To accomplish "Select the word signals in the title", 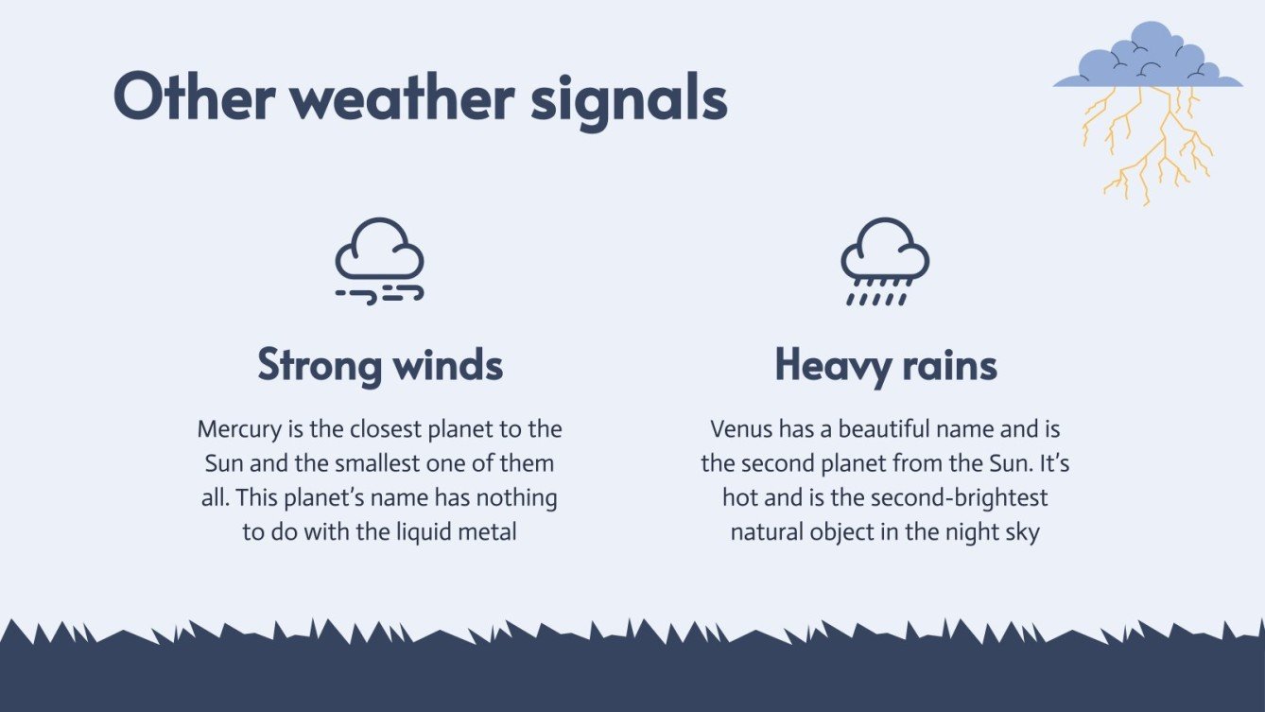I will [629, 98].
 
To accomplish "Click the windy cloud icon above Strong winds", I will [379, 261].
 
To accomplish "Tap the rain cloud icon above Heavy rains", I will [885, 261].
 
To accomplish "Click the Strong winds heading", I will [380, 365].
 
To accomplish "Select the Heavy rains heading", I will [886, 365].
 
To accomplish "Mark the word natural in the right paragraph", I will [769, 531].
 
